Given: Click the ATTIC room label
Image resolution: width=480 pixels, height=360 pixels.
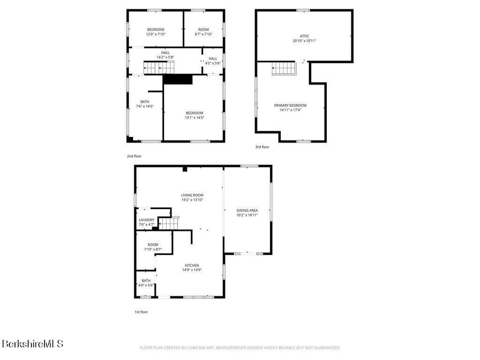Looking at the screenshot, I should [305, 36].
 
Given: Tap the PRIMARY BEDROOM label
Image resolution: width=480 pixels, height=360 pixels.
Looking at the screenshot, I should [290, 105].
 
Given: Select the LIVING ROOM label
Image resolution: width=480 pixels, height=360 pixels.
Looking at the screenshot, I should [192, 195].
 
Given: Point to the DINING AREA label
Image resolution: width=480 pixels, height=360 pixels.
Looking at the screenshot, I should [247, 210].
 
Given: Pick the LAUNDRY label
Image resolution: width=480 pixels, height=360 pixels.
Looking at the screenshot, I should [147, 220].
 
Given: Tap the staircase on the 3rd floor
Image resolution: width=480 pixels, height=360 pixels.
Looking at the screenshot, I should [282, 68].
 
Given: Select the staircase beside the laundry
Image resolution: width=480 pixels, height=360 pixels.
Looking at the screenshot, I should [168, 223].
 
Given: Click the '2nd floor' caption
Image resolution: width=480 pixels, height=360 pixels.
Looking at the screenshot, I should [134, 156].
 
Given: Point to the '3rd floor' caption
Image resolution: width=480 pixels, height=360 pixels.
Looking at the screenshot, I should [262, 147].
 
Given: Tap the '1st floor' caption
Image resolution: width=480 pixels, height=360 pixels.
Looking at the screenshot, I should [141, 312].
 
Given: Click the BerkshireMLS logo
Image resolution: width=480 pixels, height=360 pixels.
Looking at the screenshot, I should [32, 343].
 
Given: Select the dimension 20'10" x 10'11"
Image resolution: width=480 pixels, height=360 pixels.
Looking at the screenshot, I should [305, 40].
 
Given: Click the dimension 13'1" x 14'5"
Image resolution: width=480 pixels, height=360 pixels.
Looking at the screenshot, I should [195, 118].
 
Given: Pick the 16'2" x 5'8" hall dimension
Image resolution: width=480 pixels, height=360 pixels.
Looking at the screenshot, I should [165, 57].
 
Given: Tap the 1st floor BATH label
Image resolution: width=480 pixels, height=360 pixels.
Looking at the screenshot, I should [147, 281].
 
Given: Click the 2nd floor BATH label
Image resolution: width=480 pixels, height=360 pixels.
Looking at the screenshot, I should [145, 101].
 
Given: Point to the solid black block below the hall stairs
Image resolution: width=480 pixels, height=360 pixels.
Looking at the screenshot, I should [178, 79].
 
